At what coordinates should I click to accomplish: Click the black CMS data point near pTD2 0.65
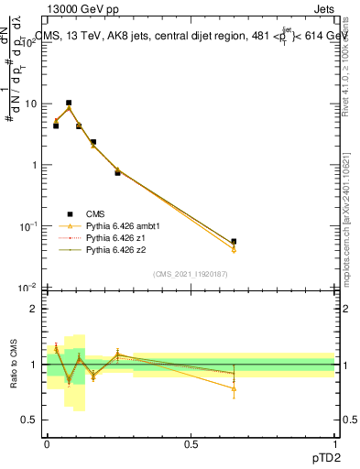234,242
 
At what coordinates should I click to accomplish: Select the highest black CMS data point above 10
68,103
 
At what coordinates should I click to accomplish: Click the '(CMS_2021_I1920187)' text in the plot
190,273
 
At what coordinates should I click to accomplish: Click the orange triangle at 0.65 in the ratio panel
234,388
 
